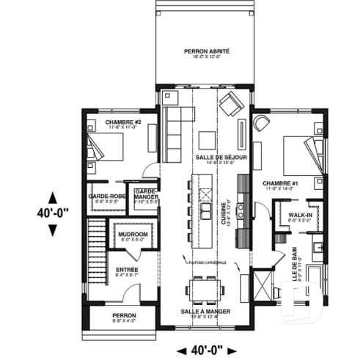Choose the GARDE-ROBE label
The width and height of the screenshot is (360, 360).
(105, 197)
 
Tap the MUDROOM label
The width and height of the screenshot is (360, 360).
(133, 234)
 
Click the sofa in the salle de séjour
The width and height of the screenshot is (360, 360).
(176, 115)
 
